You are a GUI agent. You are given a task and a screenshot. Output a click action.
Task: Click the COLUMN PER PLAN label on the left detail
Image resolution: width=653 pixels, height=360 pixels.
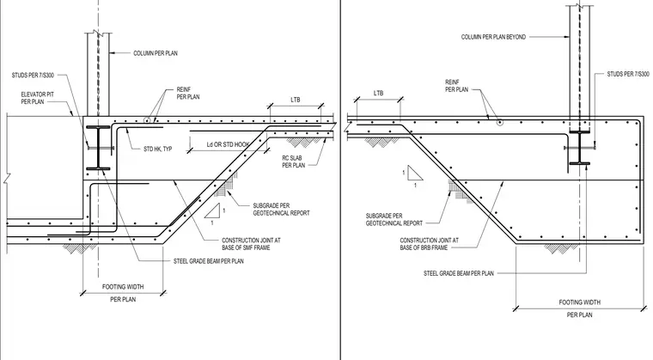click(156, 53)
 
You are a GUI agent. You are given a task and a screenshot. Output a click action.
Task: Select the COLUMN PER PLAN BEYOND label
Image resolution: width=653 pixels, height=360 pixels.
click(493, 37)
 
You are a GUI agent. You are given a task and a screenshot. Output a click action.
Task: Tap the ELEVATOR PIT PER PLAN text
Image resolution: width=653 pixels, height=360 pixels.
click(38, 98)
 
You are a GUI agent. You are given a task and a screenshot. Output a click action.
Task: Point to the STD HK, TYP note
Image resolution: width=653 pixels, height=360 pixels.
click(158, 149)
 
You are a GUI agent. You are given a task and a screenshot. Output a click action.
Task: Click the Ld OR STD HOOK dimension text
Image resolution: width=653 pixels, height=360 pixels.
click(229, 144)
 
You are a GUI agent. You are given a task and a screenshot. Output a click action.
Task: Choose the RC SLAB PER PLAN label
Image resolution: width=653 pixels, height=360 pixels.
click(294, 162)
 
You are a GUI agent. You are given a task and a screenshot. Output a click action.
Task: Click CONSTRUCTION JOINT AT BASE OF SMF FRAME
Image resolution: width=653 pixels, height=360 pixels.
click(251, 244)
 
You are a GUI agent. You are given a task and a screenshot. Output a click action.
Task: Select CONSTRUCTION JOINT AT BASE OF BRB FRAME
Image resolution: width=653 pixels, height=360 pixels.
click(430, 244)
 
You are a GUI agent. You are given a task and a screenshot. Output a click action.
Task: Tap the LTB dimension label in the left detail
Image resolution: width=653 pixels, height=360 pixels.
click(296, 100)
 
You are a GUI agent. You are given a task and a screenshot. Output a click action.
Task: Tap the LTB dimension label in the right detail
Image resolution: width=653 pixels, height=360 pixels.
click(379, 94)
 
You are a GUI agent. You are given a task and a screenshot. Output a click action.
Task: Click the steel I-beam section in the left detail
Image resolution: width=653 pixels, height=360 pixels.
click(98, 148)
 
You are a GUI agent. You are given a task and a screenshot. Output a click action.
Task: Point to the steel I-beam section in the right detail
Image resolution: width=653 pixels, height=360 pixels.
click(579, 148)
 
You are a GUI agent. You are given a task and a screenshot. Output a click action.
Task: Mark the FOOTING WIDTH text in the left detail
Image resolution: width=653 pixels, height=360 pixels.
click(123, 287)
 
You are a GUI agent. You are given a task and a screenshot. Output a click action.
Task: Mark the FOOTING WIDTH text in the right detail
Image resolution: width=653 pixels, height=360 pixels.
click(580, 302)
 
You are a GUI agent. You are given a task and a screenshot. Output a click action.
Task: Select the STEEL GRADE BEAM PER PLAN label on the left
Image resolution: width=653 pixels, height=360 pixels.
click(209, 261)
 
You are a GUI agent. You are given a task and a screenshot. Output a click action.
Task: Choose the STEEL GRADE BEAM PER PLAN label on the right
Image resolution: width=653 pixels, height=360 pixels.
click(459, 274)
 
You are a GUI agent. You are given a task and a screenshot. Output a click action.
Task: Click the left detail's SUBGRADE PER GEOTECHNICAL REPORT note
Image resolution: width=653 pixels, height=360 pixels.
click(282, 209)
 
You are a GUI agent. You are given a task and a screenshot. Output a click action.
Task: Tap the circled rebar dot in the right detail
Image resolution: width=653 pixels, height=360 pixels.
click(499, 123)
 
